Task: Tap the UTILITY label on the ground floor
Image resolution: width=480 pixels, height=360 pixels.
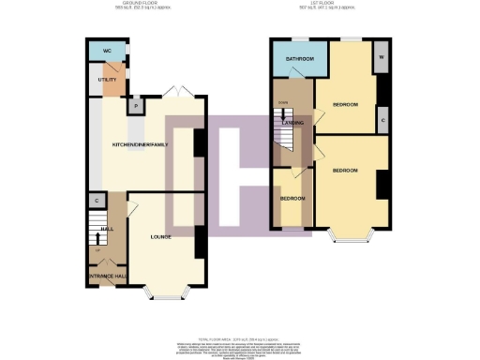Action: pyautogui.click(x=106, y=81)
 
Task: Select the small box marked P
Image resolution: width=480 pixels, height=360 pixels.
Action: pyautogui.click(x=138, y=107)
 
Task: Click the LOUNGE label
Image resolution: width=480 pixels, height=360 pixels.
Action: pyautogui.click(x=160, y=237)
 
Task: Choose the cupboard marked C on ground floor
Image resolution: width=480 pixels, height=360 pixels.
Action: pyautogui.click(x=97, y=201)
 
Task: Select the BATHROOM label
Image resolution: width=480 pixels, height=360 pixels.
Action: pyautogui.click(x=292, y=59)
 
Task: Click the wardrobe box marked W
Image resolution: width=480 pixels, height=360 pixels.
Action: pyautogui.click(x=382, y=55)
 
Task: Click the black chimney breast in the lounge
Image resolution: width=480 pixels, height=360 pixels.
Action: pyautogui.click(x=199, y=242)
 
